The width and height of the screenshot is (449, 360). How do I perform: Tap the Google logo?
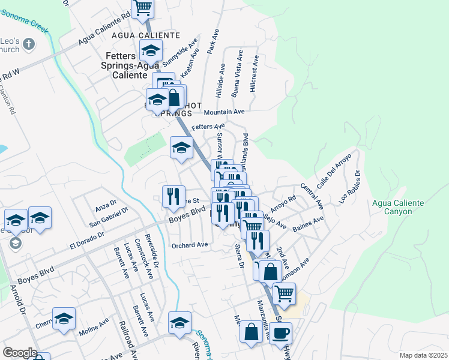pos(19,353)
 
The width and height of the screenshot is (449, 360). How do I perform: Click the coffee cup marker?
pos(280,334)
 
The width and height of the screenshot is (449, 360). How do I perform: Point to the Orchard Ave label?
pos(190,245)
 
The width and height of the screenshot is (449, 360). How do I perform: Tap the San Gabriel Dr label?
pos(109,218)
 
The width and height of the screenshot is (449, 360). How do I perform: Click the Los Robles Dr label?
pos(351,185)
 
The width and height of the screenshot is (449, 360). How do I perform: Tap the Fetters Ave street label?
pos(208,127)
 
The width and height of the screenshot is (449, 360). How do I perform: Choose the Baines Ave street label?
pos(308,228)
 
